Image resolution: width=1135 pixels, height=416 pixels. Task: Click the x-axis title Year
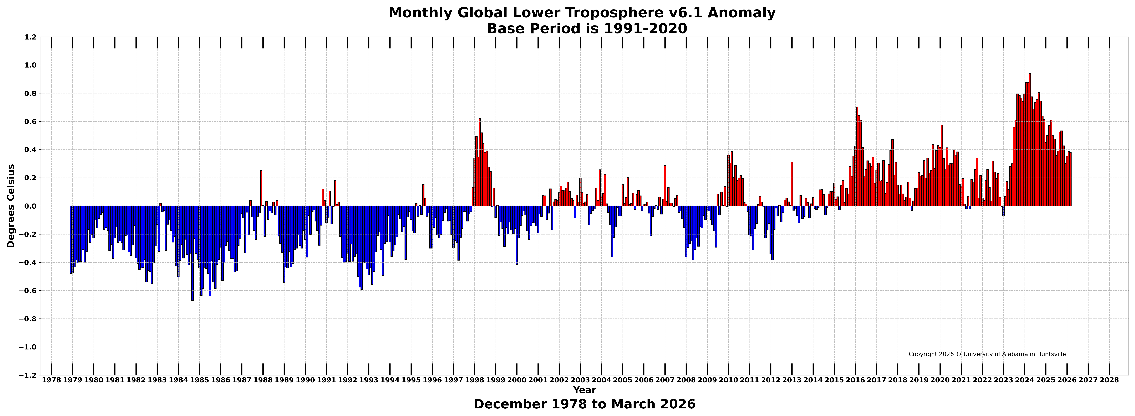coord(584,390)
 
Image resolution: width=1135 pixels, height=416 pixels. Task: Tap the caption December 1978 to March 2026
coord(584,404)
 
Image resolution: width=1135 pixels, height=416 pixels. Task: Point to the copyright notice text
coord(987,354)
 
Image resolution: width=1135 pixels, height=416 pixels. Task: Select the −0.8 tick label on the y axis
coord(28,319)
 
